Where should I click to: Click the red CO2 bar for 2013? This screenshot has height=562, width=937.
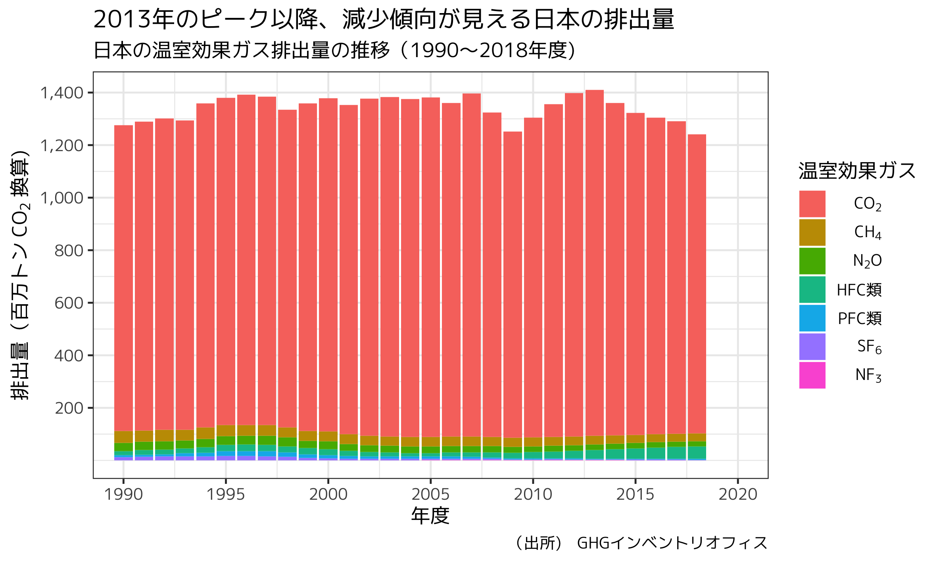(594, 262)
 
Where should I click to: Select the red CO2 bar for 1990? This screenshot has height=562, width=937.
(123, 278)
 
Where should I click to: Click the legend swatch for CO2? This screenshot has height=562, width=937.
(812, 204)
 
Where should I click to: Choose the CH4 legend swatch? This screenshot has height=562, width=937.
(812, 232)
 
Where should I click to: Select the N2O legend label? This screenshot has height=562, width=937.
(867, 261)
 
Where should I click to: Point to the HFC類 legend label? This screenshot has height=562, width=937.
(859, 290)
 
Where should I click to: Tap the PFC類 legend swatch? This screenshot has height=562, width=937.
(812, 318)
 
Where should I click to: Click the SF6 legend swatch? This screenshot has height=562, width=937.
(812, 347)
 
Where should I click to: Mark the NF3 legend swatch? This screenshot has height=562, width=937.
(812, 375)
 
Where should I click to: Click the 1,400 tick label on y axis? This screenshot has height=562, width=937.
(62, 93)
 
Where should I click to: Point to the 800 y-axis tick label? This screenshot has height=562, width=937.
(69, 251)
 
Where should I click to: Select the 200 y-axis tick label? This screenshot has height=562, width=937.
(69, 408)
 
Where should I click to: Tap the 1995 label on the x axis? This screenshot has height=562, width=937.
(226, 495)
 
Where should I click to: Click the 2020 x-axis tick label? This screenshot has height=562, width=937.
(738, 495)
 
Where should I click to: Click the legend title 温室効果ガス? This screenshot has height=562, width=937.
(857, 171)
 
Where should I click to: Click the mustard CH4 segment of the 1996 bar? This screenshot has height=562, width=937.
(246, 430)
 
